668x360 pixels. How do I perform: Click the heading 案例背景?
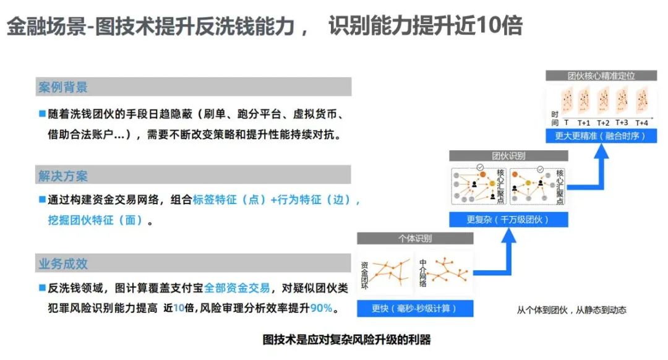[63, 87]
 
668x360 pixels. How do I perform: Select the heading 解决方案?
[63, 176]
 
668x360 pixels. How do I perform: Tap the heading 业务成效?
[63, 264]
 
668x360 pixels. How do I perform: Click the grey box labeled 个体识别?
[414, 238]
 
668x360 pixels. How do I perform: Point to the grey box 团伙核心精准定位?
[601, 75]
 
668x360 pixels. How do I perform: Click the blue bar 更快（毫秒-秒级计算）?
[414, 308]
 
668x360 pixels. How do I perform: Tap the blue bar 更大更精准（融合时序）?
[600, 136]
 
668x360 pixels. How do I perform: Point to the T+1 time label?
[584, 122]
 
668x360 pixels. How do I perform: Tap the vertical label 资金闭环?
[364, 274]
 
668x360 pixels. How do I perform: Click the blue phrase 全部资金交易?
[237, 288]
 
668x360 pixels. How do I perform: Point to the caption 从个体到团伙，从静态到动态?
[571, 310]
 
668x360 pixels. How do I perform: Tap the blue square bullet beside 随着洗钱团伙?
[42, 114]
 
